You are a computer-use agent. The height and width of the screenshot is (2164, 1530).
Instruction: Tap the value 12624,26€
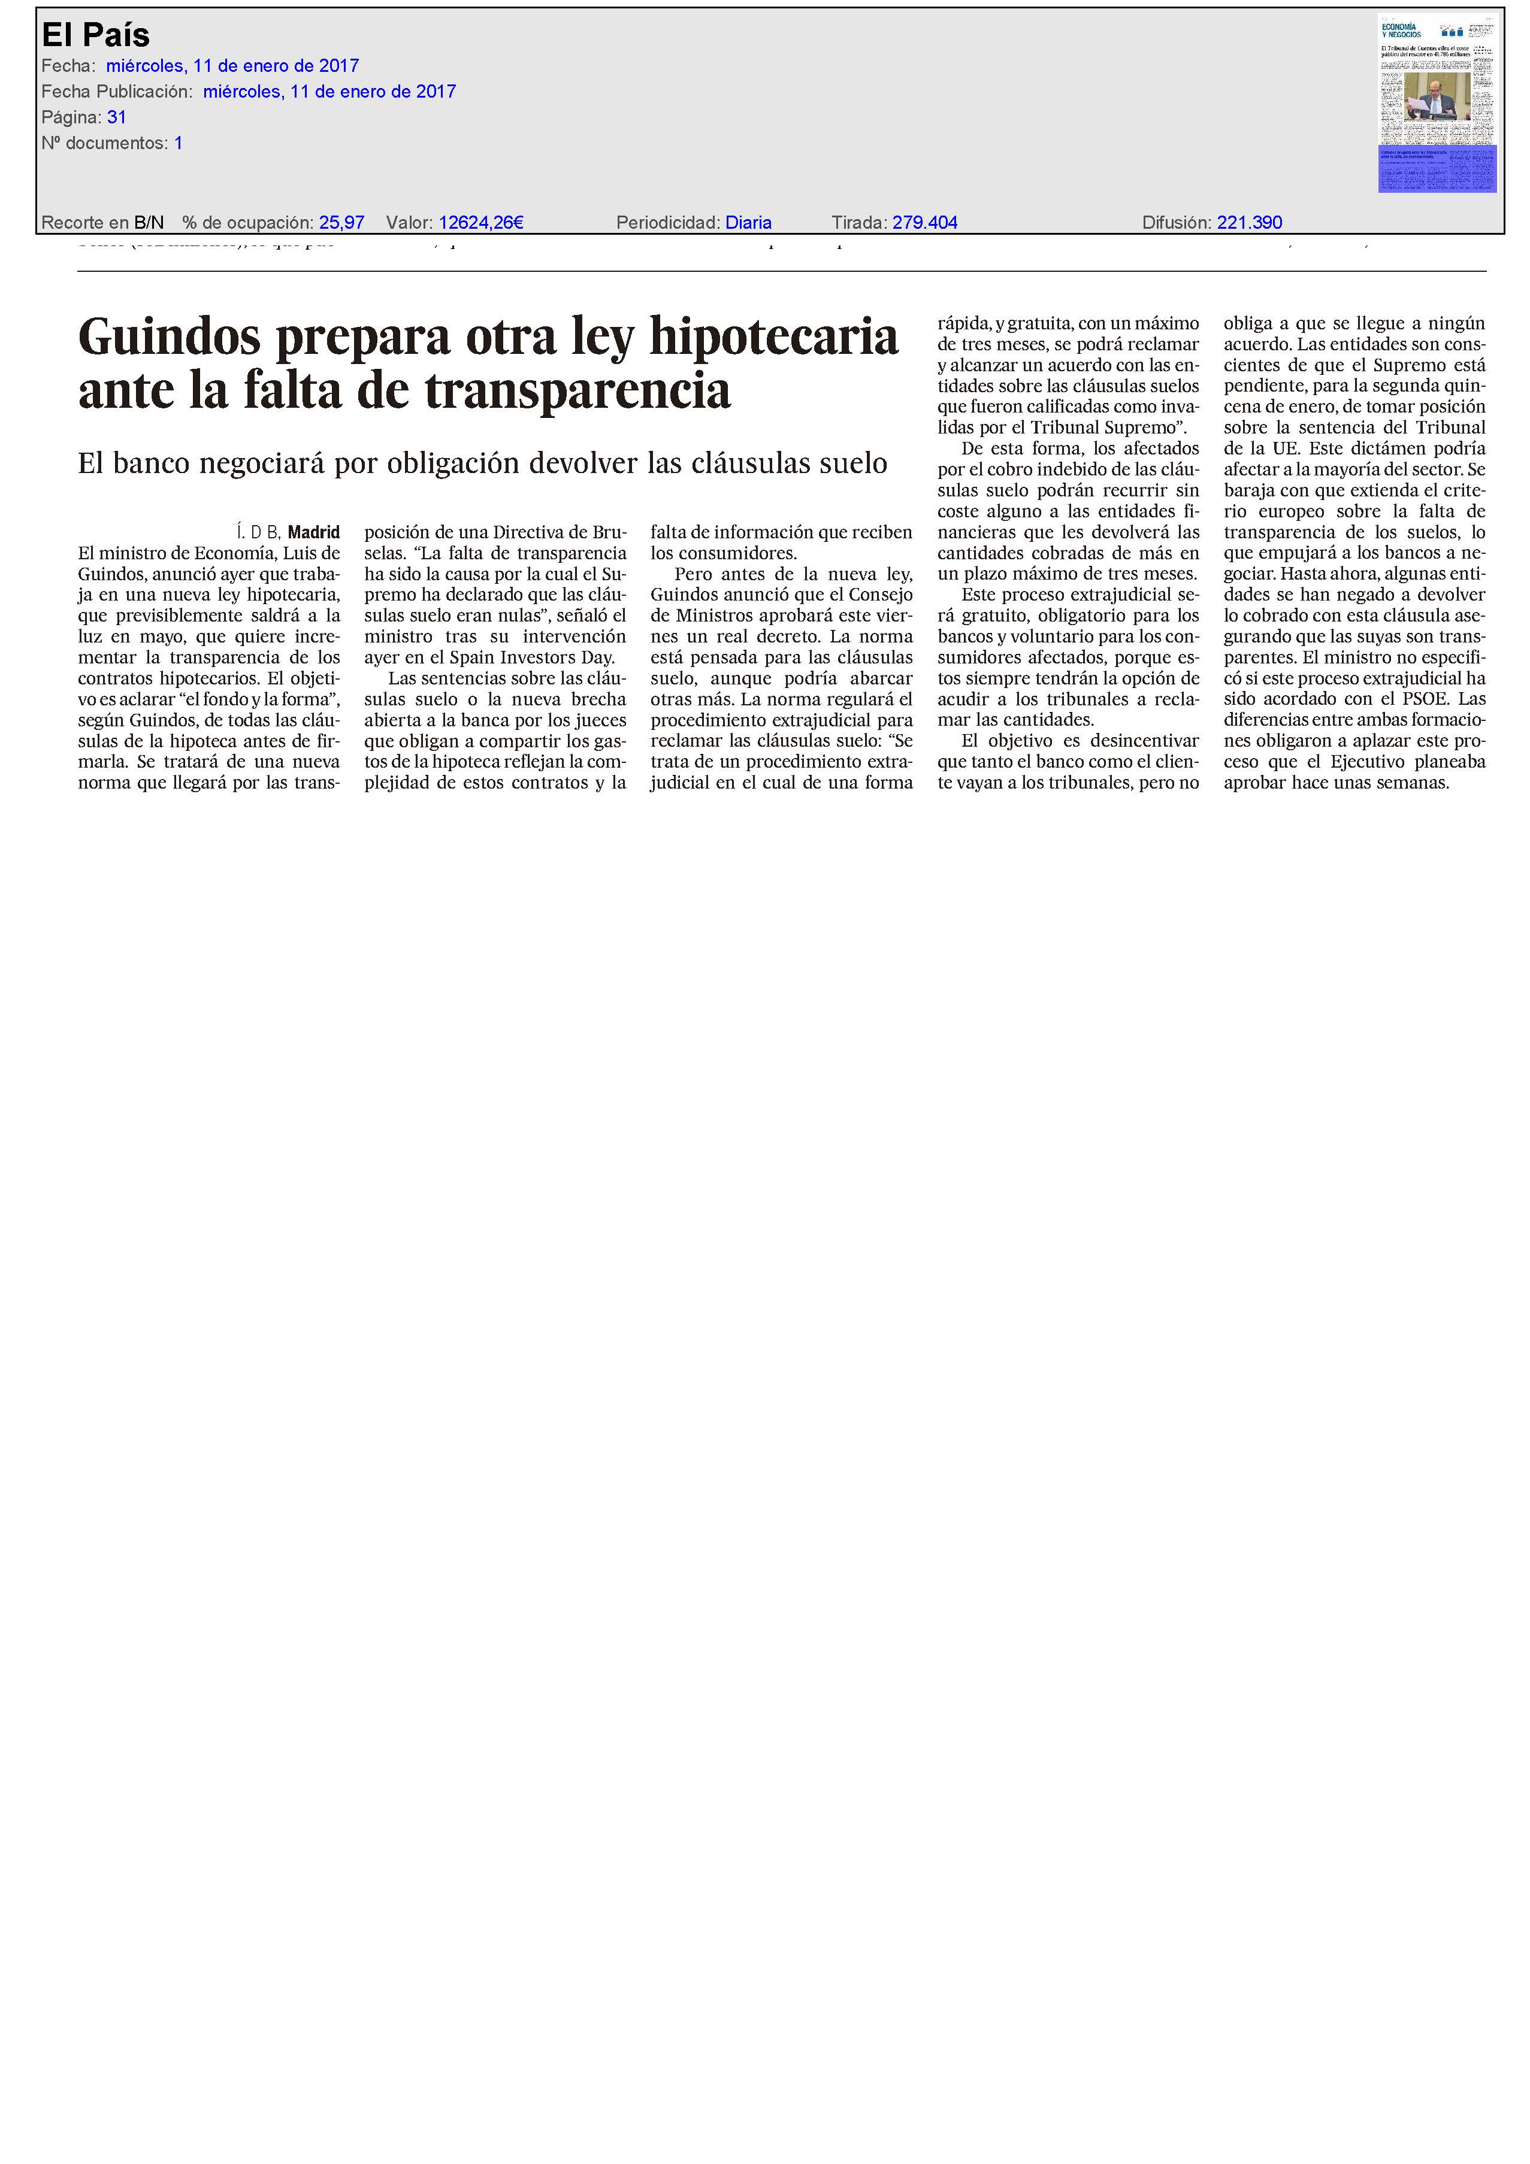481,222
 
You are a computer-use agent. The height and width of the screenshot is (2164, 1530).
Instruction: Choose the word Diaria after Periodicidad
748,222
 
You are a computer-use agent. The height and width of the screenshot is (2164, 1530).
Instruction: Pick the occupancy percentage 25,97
341,222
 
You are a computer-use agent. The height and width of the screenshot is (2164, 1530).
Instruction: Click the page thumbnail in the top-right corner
1436,104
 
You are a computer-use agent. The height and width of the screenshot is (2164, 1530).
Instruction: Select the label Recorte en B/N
103,222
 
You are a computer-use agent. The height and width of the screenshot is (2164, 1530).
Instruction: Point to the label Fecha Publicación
117,92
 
